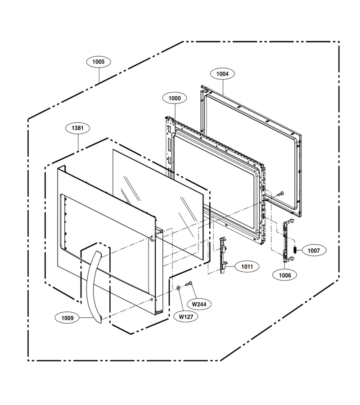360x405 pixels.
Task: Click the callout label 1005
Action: coord(99,62)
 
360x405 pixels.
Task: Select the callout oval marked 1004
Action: coord(222,74)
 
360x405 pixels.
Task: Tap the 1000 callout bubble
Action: coord(175,98)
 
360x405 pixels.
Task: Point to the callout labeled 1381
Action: coord(77,128)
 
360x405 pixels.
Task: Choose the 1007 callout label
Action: coord(314,250)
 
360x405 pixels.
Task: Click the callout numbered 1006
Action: coord(285,275)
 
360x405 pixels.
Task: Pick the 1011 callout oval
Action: coord(247,266)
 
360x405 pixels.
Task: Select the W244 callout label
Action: coord(199,304)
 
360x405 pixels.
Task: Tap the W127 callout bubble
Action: coord(186,317)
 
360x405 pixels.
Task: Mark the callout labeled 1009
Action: coord(67,318)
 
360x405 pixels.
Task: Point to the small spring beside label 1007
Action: coord(295,250)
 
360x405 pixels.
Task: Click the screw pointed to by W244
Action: coord(188,283)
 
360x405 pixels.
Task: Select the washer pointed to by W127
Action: coord(178,288)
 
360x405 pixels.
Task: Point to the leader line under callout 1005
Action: coord(99,75)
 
